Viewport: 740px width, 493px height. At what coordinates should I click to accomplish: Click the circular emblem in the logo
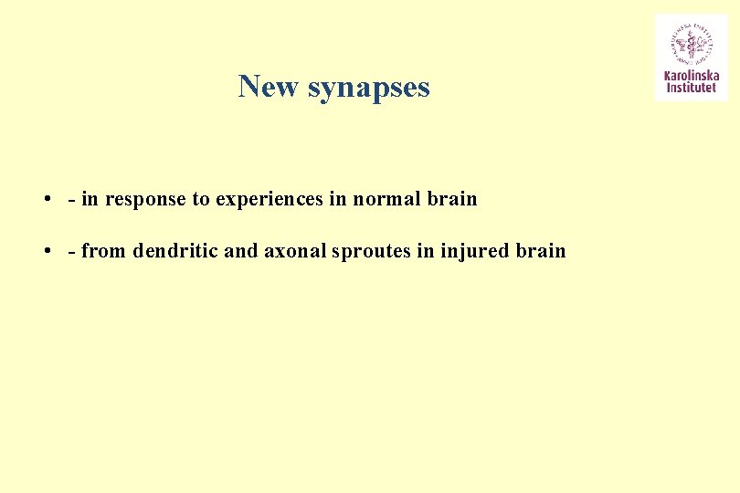pos(690,42)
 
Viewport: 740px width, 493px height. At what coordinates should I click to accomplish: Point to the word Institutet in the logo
pos(691,88)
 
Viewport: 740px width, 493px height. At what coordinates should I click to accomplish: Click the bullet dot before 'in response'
pos(45,199)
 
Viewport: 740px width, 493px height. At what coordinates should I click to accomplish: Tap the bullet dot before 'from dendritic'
pos(45,251)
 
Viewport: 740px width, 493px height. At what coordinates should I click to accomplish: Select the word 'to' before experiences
pos(201,199)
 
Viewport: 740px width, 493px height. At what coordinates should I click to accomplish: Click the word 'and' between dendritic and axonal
pos(241,250)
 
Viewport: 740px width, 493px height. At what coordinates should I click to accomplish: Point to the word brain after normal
pos(452,198)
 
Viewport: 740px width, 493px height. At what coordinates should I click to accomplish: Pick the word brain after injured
pos(542,250)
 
